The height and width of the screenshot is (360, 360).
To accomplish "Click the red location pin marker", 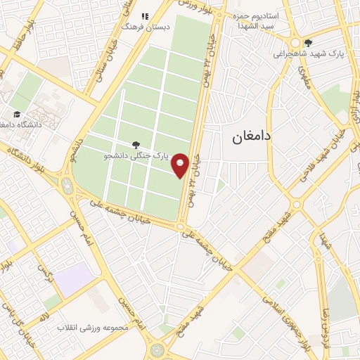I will click(181, 165).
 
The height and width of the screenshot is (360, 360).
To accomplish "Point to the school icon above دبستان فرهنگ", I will click(145, 16).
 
